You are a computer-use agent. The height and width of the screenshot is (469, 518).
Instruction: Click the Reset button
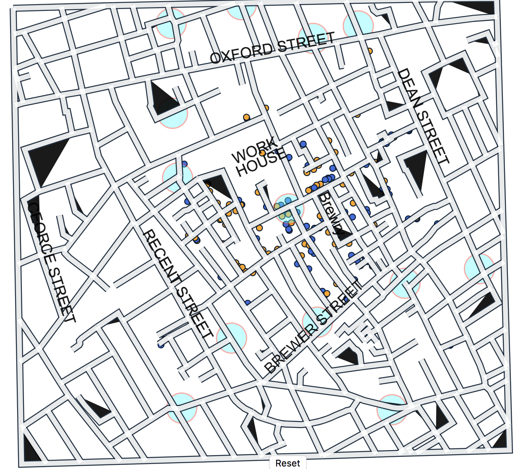pyautogui.click(x=288, y=463)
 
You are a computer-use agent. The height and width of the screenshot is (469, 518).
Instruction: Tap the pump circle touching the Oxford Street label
pyautogui.click(x=313, y=38)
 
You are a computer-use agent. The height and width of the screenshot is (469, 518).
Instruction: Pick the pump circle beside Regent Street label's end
pyautogui.click(x=231, y=337)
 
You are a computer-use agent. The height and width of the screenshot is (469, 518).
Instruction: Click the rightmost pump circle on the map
pyautogui.click(x=479, y=269)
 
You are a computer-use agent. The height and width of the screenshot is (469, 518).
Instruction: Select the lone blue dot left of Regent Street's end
pyautogui.click(x=161, y=345)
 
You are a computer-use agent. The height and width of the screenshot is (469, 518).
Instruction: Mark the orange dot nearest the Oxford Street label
pyautogui.click(x=369, y=51)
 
